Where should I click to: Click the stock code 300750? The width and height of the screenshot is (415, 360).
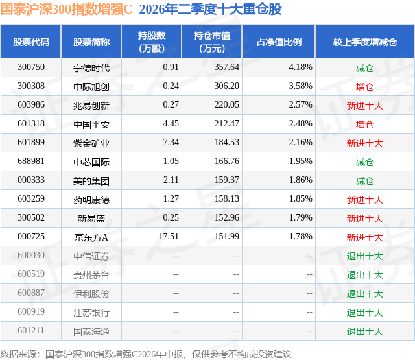coord(31,67)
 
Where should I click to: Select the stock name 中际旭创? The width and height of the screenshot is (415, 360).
coord(91,86)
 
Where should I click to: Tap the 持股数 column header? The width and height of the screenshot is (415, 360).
coord(152,42)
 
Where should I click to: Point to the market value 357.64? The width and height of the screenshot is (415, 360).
coord(226,67)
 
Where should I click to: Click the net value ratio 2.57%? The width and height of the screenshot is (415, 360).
coord(300,105)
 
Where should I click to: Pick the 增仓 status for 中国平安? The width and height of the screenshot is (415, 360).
coord(364,124)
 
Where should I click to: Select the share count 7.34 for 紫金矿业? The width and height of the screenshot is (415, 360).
coord(171,143)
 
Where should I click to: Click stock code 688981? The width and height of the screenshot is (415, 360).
coord(31,162)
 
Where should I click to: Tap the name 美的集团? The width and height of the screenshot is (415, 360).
coord(91,180)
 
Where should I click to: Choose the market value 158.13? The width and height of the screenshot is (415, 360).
coord(226,198)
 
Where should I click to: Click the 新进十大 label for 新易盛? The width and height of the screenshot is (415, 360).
coord(364,218)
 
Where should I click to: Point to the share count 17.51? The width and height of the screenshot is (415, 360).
coord(169,236)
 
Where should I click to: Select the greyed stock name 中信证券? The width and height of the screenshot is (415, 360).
coord(91,256)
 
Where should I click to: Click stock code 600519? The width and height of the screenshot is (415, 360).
coord(31,274)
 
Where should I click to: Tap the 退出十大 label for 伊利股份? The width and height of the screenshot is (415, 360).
coord(364,293)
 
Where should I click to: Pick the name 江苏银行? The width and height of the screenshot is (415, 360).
coord(91,312)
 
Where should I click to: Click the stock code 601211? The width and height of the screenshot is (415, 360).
coord(31,330)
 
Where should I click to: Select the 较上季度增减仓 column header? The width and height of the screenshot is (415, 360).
coord(364,42)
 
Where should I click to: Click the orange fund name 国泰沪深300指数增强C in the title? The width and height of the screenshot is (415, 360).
coord(66,9)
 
